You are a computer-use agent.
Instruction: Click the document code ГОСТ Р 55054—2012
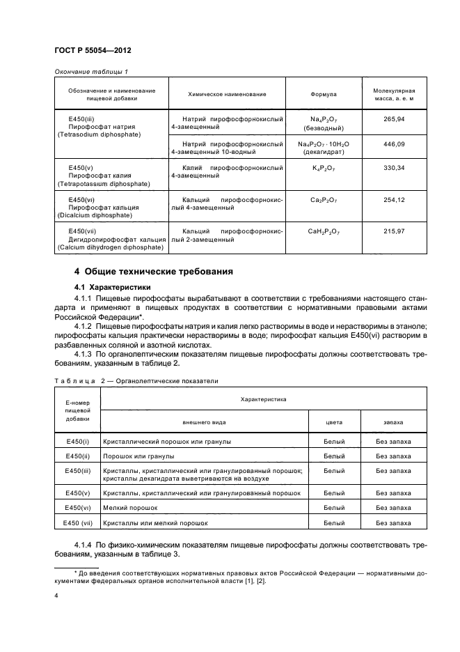pos(93,52)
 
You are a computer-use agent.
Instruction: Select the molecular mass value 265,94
pos(394,120)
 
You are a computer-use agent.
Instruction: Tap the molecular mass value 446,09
pos(394,143)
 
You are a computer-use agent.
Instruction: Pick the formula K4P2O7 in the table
pos(324,168)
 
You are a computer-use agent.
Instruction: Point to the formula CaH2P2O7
pos(324,231)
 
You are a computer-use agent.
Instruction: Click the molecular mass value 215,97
pos(394,231)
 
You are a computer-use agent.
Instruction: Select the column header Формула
pos(324,94)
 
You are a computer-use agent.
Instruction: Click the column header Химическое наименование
pos(228,94)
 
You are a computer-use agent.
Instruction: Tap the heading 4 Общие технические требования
pos(153,272)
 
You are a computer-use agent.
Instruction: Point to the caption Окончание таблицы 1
pos(90,71)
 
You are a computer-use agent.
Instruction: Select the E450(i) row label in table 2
pos(77,442)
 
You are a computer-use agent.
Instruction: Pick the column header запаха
pos(393,422)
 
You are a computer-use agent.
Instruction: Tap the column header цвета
pos(334,422)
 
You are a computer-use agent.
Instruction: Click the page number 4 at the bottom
pos(56,596)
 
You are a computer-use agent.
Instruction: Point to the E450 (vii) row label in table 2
pos(78,522)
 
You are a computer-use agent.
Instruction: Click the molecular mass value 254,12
pos(394,199)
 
